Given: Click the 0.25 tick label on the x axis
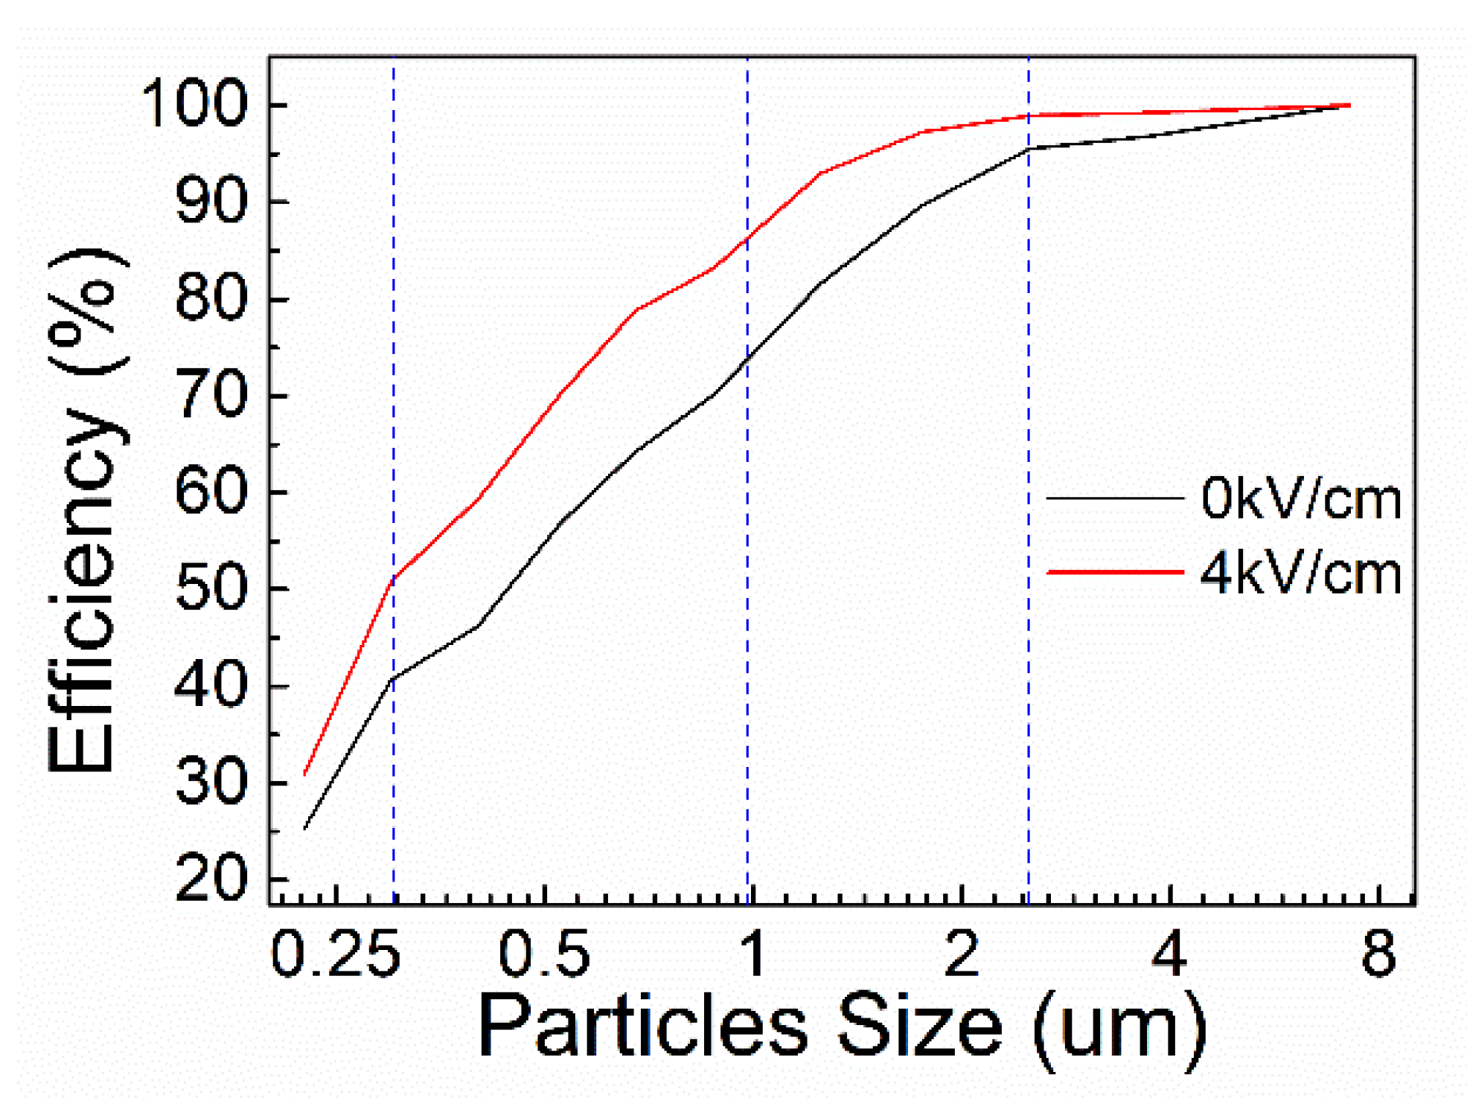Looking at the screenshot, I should tap(336, 954).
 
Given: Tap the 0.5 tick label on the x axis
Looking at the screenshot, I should tap(544, 954).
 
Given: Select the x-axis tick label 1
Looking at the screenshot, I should tap(753, 954).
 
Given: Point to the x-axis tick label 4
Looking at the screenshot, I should tap(1169, 954).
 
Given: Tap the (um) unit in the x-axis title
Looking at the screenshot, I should tap(1120, 1030).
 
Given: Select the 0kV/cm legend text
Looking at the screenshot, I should tap(1300, 498).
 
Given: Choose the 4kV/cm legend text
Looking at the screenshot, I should tap(1300, 574).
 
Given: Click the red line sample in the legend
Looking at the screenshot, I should tap(1114, 572).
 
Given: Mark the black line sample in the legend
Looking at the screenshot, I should tap(1114, 497).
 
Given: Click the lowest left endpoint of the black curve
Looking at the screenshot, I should tap(304, 828).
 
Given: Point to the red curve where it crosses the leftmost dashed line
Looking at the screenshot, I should tap(394, 577).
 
